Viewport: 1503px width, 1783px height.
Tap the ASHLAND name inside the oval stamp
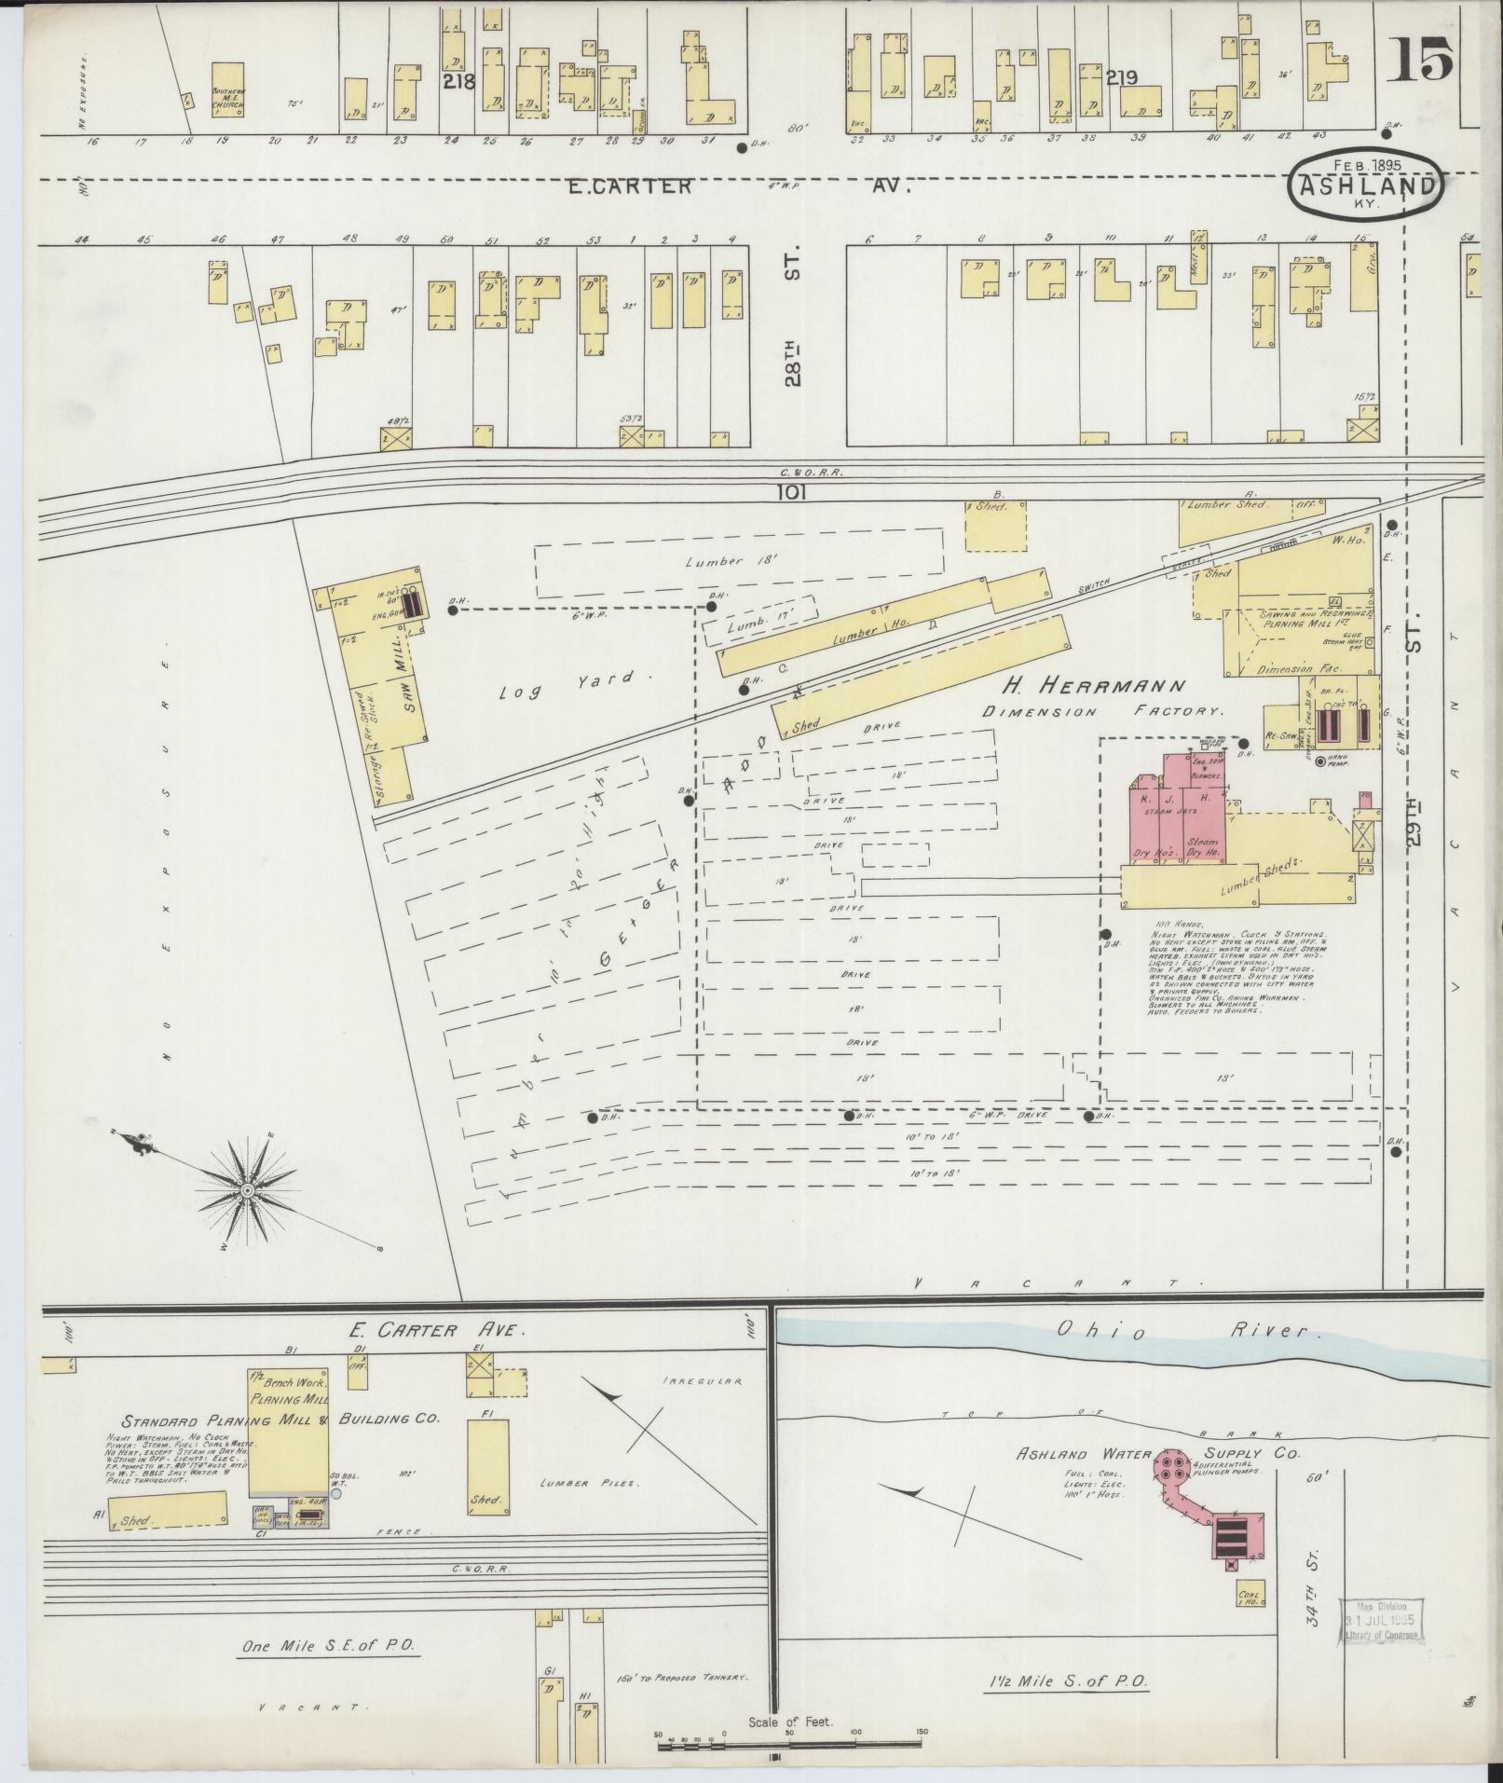coord(1366,185)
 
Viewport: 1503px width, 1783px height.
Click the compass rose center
coord(249,1191)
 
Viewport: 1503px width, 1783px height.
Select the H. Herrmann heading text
coord(1094,687)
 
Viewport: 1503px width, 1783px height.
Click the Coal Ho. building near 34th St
coord(1250,1594)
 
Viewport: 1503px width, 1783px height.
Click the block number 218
coord(459,81)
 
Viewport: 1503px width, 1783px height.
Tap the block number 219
coord(1121,79)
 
